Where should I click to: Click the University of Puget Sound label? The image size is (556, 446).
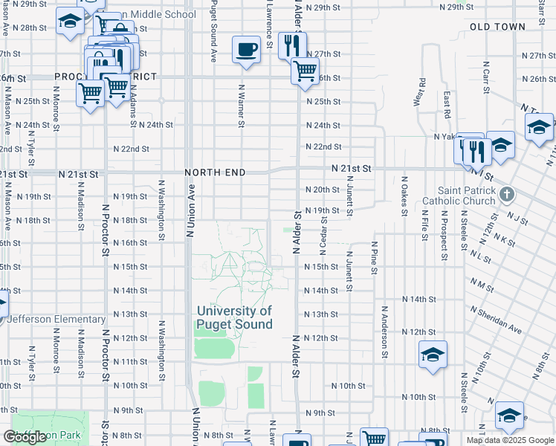(x=234, y=317)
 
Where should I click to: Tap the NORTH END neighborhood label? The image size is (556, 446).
(x=216, y=172)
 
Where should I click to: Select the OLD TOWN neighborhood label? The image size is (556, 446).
(x=497, y=27)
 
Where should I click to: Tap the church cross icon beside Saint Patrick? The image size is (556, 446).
(x=507, y=195)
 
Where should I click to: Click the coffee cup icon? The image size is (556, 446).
(x=246, y=50)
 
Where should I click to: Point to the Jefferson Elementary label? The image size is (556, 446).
(x=57, y=319)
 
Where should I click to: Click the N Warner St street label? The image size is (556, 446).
(x=242, y=105)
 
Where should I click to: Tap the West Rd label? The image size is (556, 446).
(x=422, y=92)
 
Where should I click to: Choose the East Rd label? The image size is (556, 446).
(x=447, y=105)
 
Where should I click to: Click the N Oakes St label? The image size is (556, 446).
(x=405, y=196)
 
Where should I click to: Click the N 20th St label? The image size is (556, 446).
(x=323, y=190)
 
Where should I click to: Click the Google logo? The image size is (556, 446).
(x=25, y=437)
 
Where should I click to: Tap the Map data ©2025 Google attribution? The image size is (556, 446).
(x=509, y=440)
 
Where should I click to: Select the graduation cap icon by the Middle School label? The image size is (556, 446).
(x=70, y=22)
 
